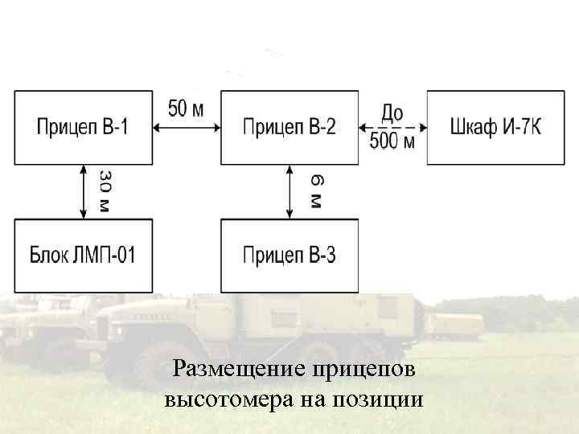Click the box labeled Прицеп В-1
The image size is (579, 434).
coord(83,127)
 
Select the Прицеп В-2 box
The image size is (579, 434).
coord(289,127)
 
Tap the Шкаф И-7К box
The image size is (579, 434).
coord(495,127)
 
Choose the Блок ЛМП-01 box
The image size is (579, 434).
coord(83,255)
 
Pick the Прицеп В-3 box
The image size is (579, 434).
coord(289,255)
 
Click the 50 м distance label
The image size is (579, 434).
coord(186,108)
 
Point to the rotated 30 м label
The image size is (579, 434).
coord(105,190)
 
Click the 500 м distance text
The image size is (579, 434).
coord(392,143)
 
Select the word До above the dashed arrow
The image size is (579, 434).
coord(392,113)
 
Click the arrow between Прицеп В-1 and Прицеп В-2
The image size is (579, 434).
coord(186,127)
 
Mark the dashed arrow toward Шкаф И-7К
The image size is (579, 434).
coord(392,127)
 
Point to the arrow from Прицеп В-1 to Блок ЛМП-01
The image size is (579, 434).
coord(84,191)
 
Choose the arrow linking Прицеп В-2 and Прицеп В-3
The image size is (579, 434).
coord(290,191)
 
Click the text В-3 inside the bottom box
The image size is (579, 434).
coord(322,256)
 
